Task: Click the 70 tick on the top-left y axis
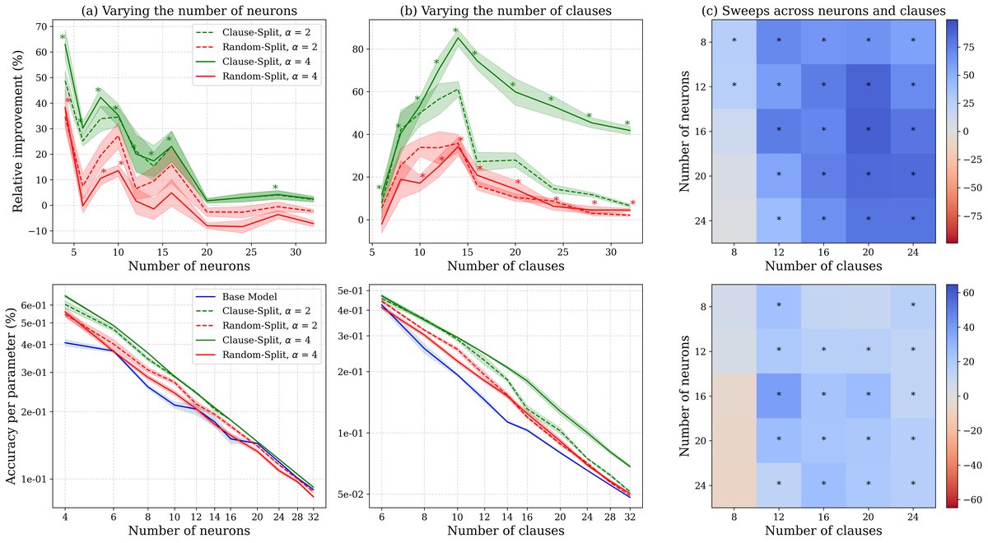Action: click(x=38, y=27)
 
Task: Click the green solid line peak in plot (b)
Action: click(x=457, y=37)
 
